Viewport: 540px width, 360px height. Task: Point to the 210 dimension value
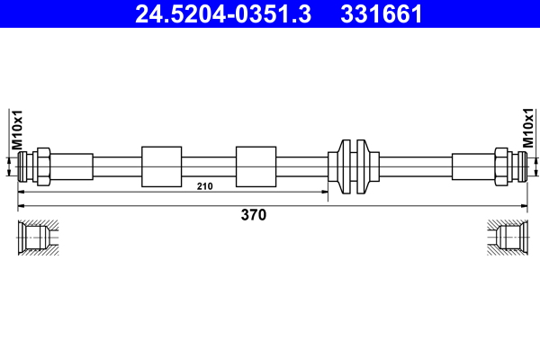click(204, 186)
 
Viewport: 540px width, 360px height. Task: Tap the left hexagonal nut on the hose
click(40, 166)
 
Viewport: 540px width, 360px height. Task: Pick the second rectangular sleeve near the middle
click(255, 166)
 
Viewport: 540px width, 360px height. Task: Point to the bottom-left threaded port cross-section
click(37, 238)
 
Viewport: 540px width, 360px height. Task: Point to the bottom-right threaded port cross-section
click(506, 238)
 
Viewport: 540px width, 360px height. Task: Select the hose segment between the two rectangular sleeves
click(208, 166)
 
